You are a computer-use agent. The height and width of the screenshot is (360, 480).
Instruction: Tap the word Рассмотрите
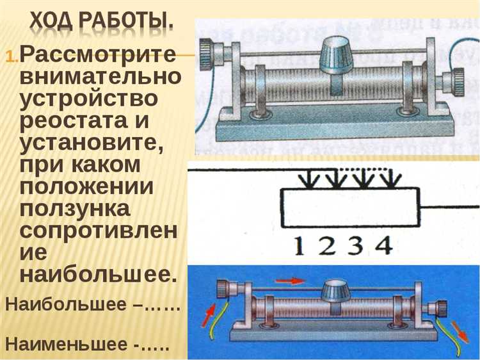pos(97,56)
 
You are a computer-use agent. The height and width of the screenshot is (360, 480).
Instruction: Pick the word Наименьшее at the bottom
pos(66,344)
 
